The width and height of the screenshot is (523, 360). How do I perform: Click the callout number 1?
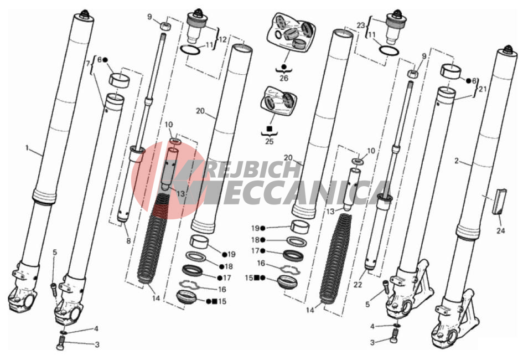tap(27, 147)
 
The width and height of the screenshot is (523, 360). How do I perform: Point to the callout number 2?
tap(456, 161)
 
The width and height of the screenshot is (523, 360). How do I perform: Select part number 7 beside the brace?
tap(88, 63)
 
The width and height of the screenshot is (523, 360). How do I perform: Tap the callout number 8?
tap(128, 240)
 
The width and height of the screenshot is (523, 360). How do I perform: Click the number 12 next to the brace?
tap(222, 39)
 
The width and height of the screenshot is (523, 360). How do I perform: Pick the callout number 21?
tap(483, 89)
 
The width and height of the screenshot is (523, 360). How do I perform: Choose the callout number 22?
tap(358, 285)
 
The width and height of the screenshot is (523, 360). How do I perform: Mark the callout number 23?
tap(361, 25)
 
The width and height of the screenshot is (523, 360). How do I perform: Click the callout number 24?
tap(500, 230)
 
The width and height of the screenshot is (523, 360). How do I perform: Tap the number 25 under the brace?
tap(269, 141)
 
